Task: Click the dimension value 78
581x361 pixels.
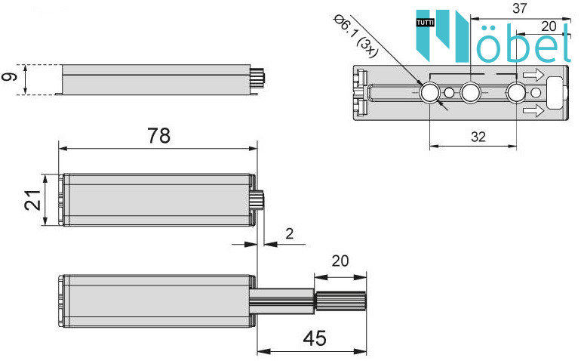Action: pyautogui.click(x=159, y=136)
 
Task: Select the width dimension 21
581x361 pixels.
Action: pyautogui.click(x=32, y=200)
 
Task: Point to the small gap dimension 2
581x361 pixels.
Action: pyautogui.click(x=290, y=233)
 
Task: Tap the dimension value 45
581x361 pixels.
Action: pyautogui.click(x=315, y=338)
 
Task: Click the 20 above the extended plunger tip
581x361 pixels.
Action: pyautogui.click(x=340, y=261)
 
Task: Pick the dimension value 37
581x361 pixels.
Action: pyautogui.click(x=519, y=8)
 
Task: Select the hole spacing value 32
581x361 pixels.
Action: pyautogui.click(x=478, y=137)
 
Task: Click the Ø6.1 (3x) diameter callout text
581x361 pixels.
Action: pyautogui.click(x=355, y=36)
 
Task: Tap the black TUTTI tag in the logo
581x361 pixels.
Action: pyautogui.click(x=425, y=23)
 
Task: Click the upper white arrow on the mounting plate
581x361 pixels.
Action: pyautogui.click(x=533, y=75)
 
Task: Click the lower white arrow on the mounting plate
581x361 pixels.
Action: pyautogui.click(x=533, y=110)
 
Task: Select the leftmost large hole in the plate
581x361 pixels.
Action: pyautogui.click(x=429, y=92)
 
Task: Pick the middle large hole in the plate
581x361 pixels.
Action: pyautogui.click(x=471, y=92)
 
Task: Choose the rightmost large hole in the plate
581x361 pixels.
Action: pyautogui.click(x=516, y=92)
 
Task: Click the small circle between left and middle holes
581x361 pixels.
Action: pyautogui.click(x=449, y=93)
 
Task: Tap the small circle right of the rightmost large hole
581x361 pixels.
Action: pyautogui.click(x=536, y=93)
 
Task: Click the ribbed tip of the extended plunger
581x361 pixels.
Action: pyautogui.click(x=341, y=301)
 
